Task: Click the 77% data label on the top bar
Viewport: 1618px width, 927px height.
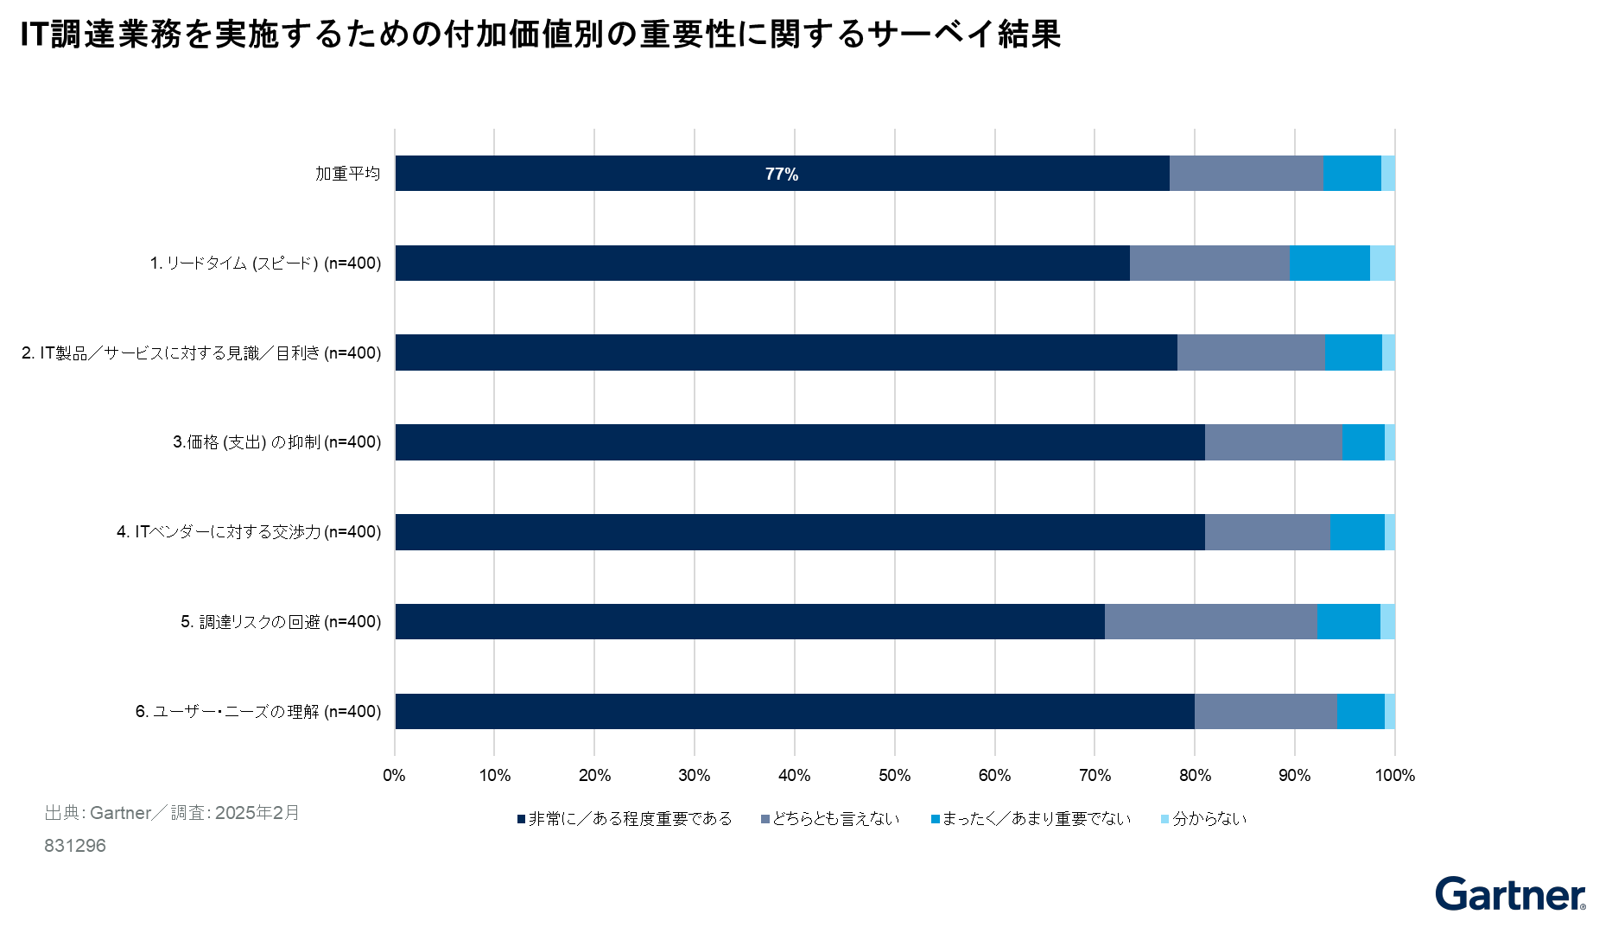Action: click(x=782, y=175)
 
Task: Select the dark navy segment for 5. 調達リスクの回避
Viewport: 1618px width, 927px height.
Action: click(x=750, y=622)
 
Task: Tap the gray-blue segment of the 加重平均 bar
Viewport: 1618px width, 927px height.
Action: click(x=1246, y=174)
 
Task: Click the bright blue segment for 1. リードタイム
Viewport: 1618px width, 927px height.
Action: click(x=1329, y=263)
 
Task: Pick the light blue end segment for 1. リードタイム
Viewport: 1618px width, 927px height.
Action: click(x=1382, y=263)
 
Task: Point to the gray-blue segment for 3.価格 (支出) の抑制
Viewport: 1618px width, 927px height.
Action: click(x=1273, y=442)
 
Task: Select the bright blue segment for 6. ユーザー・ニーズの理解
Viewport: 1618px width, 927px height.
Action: click(x=1361, y=712)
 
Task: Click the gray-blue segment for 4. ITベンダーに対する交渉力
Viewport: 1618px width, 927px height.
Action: click(x=1267, y=532)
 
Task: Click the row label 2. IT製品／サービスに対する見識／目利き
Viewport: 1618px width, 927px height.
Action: click(x=201, y=353)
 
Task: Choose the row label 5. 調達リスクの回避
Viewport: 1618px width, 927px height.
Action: click(x=281, y=622)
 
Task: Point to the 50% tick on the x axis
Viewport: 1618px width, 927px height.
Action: click(x=895, y=776)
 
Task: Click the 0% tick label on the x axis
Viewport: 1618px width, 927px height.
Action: click(x=395, y=776)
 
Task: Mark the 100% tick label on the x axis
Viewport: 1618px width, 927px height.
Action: click(x=1395, y=776)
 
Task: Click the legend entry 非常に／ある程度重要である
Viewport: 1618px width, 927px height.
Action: click(x=625, y=819)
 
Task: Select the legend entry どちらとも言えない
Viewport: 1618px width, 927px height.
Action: click(x=830, y=819)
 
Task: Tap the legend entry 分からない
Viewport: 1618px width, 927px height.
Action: click(x=1204, y=819)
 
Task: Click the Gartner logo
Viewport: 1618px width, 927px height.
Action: click(x=1511, y=894)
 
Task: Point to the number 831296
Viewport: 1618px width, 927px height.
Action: click(x=75, y=846)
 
